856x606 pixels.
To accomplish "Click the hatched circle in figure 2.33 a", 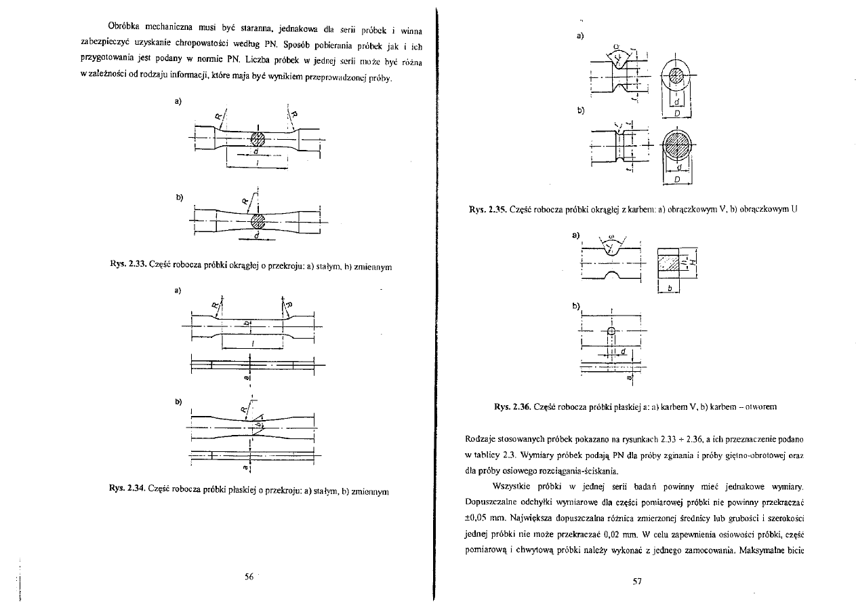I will point(257,138).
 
